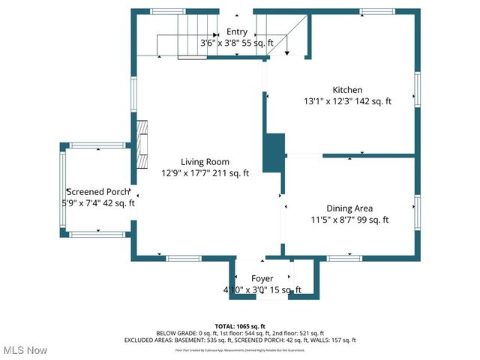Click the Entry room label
pos(237,31)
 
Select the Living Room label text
pos(205,161)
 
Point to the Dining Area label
pos(349,208)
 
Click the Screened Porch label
pos(98,191)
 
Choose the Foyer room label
pos(262,279)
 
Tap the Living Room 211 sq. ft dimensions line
pos(205,172)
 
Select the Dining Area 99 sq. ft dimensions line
pos(349,220)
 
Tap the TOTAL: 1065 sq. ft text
pos(240,326)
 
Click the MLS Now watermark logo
pos(24,350)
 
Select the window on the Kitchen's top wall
pos(377,11)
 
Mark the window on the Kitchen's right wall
pos(418,89)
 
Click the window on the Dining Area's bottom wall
pos(344,258)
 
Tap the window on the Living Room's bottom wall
pos(184,258)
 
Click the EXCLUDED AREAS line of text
pos(240,340)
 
